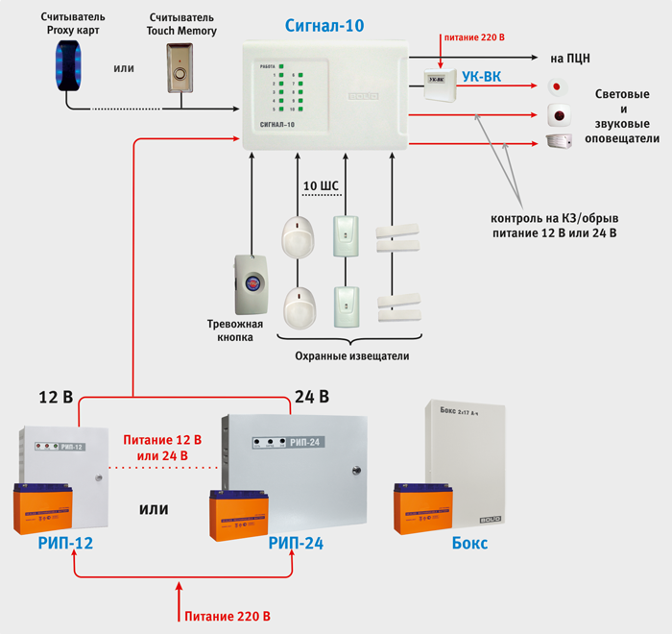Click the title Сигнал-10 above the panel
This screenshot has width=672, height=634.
click(x=324, y=26)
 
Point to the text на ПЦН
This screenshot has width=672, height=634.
click(x=570, y=58)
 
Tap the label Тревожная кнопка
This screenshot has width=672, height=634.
click(x=234, y=330)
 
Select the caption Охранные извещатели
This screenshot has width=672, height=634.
click(x=350, y=356)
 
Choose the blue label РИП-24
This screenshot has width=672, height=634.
click(x=296, y=544)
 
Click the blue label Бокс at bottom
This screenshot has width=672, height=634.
click(x=469, y=544)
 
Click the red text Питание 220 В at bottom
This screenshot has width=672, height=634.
click(x=228, y=616)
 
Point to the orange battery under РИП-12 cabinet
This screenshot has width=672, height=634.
click(x=42, y=506)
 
